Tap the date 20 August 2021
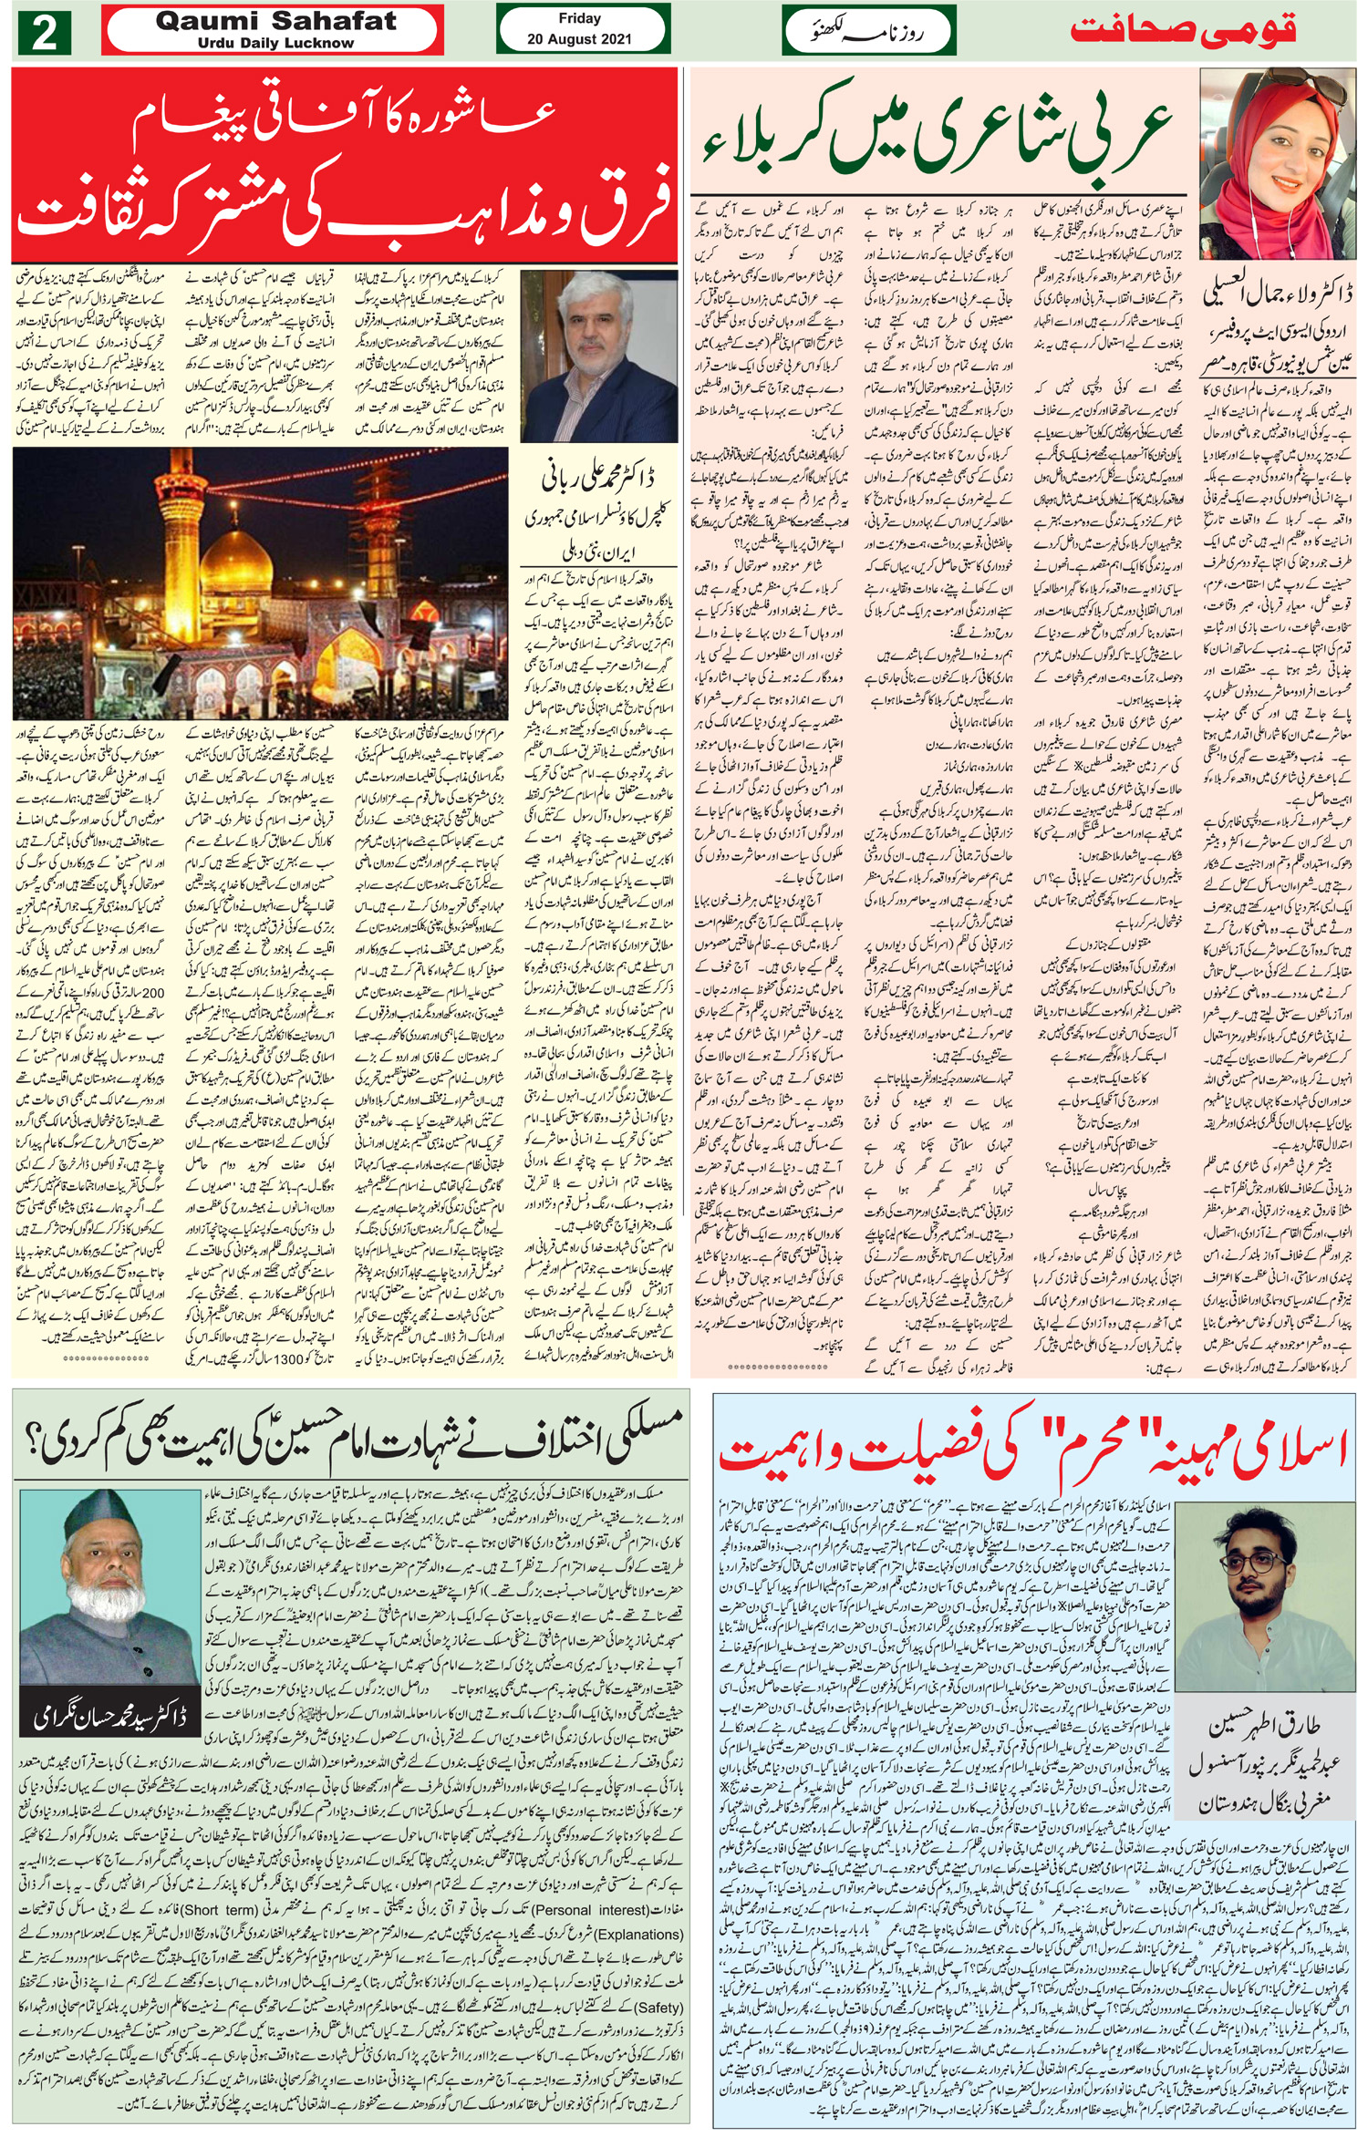click(579, 39)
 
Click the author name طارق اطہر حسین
click(1274, 1728)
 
